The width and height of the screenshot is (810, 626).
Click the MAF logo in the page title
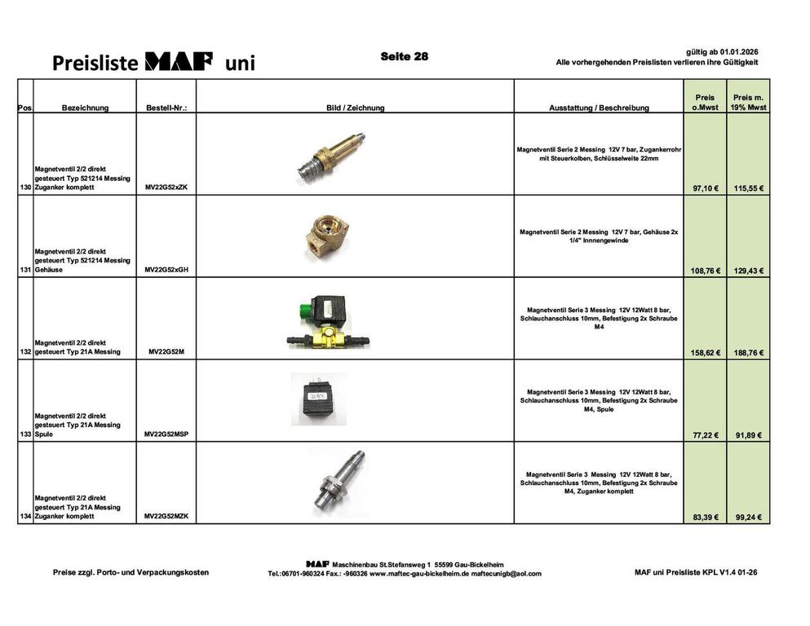(x=179, y=61)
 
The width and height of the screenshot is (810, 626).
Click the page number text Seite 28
(x=404, y=56)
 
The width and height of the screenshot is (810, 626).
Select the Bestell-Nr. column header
(x=166, y=108)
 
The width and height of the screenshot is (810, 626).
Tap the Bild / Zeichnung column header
(x=355, y=108)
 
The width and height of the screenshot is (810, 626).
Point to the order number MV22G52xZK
(x=166, y=187)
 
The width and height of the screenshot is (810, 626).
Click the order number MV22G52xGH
(x=166, y=270)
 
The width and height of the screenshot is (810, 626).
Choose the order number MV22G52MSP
(x=166, y=434)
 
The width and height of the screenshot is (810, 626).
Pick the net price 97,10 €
(x=705, y=188)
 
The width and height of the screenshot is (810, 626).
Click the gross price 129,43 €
(x=749, y=271)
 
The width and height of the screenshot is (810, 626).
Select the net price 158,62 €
(x=705, y=353)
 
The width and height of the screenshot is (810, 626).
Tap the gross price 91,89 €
(x=749, y=435)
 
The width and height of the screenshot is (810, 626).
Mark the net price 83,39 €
(x=705, y=517)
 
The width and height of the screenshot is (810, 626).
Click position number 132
(x=25, y=352)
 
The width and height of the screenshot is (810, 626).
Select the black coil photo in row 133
(x=319, y=399)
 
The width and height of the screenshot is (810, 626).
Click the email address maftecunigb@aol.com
(x=506, y=573)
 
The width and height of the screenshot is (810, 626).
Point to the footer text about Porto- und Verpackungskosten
(x=131, y=572)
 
